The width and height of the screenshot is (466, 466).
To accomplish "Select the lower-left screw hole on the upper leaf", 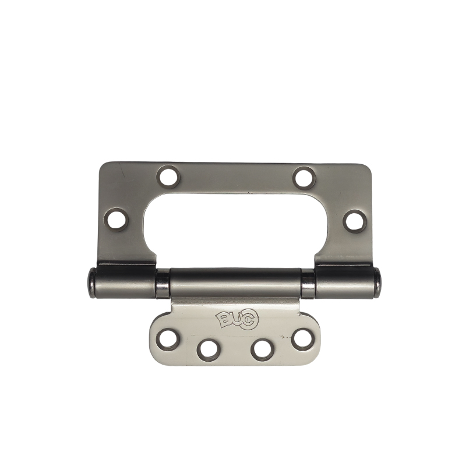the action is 118,220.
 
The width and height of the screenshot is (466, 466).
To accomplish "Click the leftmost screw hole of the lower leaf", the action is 169,340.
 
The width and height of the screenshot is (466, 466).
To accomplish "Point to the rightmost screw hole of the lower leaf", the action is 303,340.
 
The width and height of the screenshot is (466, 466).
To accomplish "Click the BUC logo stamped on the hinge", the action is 237,320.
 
